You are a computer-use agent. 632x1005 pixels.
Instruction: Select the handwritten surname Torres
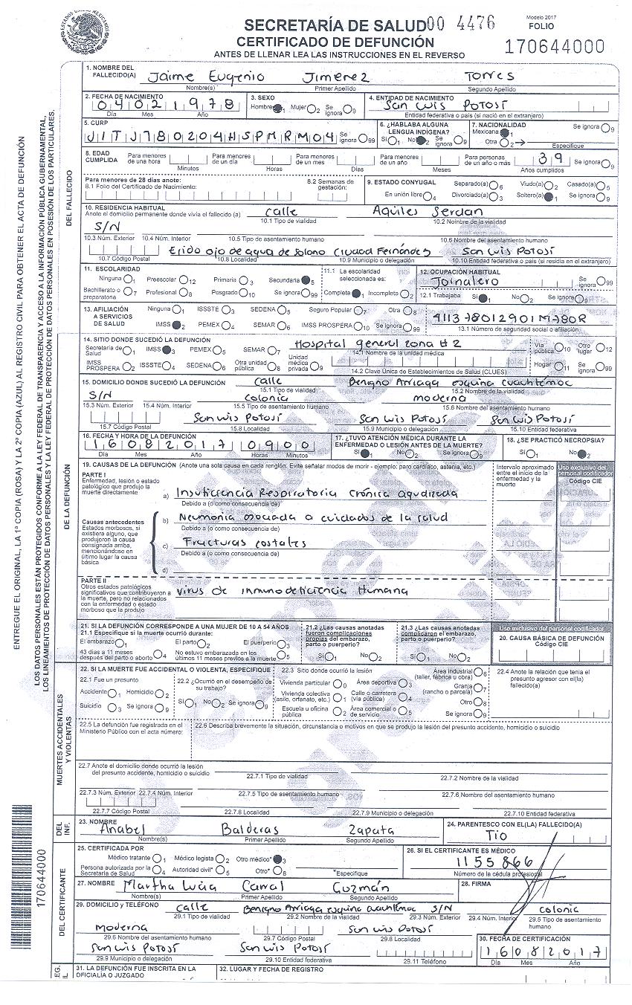pyautogui.click(x=488, y=77)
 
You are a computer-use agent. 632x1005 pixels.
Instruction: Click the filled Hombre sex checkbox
pyautogui.click(x=277, y=109)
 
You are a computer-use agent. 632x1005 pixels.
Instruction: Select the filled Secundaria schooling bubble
pyautogui.click(x=306, y=280)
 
